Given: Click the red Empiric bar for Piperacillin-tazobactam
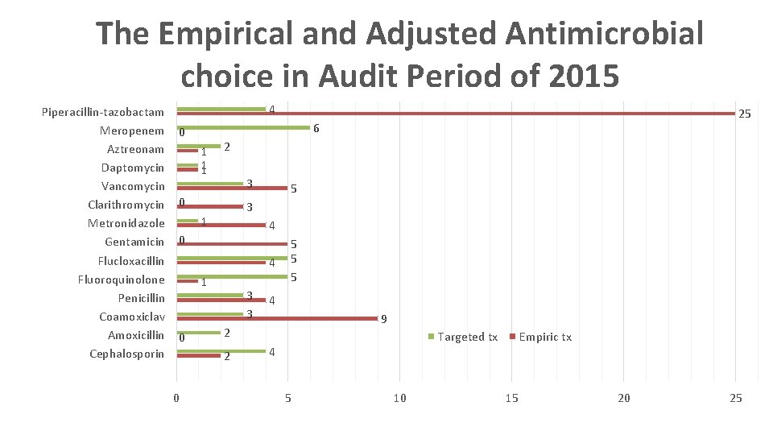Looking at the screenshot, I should click(455, 114).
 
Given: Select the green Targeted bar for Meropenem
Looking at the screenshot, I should click(243, 127).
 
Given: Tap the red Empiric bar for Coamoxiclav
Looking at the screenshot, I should click(277, 318).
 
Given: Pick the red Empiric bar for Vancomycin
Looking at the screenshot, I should click(232, 188).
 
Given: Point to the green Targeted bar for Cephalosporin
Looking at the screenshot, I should click(221, 350).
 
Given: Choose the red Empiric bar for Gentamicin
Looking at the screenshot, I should click(232, 243).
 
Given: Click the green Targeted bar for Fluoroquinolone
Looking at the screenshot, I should click(232, 276).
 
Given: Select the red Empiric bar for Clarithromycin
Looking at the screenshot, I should click(209, 207).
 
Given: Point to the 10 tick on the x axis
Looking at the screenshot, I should click(399, 398).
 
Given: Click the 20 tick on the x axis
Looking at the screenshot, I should click(623, 398).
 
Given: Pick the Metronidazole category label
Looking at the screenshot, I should click(126, 223).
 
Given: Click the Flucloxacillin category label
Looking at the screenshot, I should click(130, 261).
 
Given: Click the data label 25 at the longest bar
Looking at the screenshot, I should click(745, 114).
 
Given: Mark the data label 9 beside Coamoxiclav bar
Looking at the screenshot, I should click(384, 319).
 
